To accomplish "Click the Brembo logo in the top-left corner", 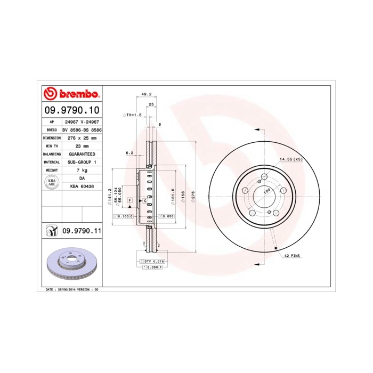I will [x=71, y=94].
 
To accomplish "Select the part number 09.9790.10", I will [x=71, y=111].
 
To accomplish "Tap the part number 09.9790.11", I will [x=82, y=230].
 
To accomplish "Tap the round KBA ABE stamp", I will [x=52, y=183].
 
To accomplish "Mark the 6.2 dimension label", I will [x=129, y=153].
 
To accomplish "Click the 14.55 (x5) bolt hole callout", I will [x=290, y=159].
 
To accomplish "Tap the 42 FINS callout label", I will [x=291, y=256].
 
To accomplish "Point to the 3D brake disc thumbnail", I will [x=71, y=264].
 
